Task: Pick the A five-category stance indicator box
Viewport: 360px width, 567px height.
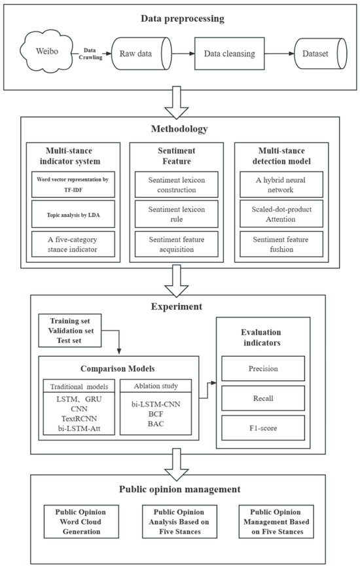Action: click(73, 245)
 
